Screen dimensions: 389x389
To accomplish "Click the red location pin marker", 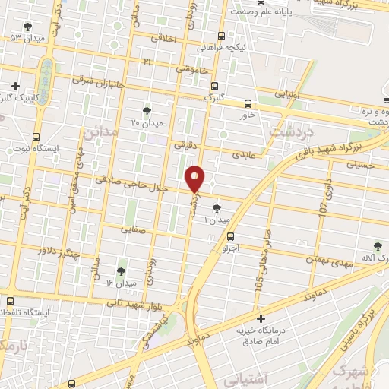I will (x=196, y=178).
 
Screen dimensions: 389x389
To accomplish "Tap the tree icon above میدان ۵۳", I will (x=27, y=27).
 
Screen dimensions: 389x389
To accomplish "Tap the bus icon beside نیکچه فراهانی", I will (x=221, y=36).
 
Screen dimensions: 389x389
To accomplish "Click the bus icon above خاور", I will (x=248, y=103).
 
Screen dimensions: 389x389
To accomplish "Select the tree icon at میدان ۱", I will (x=218, y=207).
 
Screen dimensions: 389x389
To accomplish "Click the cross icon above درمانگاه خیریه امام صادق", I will (x=261, y=318).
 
